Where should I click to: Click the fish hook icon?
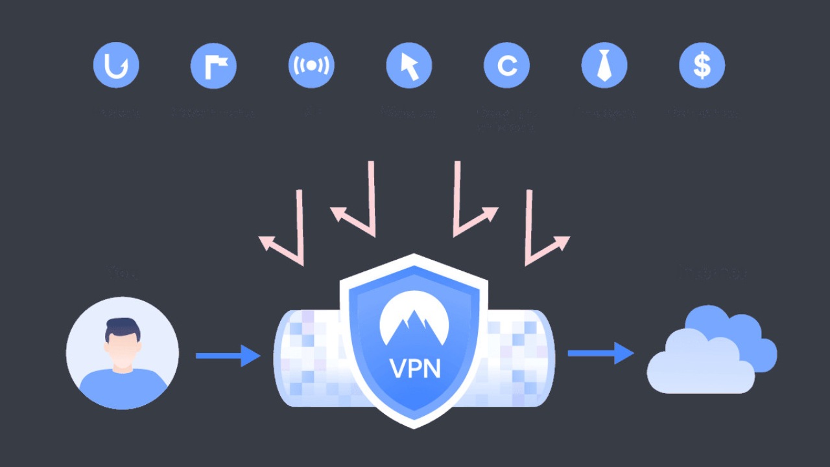click(116, 65)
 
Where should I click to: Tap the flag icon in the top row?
click(213, 65)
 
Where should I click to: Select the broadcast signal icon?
click(311, 65)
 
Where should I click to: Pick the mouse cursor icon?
click(409, 65)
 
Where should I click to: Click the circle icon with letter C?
click(506, 65)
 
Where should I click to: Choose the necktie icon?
click(604, 65)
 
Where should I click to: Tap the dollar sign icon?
click(702, 65)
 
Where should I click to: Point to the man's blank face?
click(122, 350)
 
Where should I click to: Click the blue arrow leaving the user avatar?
click(228, 356)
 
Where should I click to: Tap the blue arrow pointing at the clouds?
click(600, 353)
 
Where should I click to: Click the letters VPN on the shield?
click(415, 367)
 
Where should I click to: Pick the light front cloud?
click(697, 366)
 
